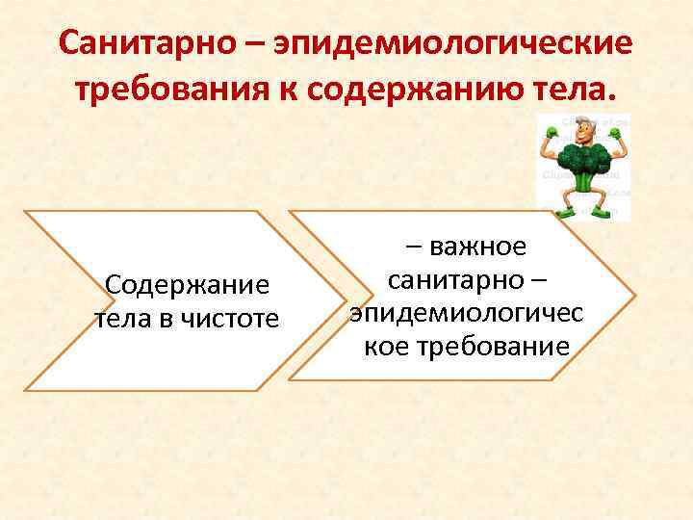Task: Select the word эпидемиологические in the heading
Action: coord(454,43)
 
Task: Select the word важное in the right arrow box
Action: coord(477,247)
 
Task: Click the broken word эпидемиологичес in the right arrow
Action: coord(466,313)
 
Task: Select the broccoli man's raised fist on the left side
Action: coord(552,132)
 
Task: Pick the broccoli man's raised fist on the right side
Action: coord(615,133)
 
